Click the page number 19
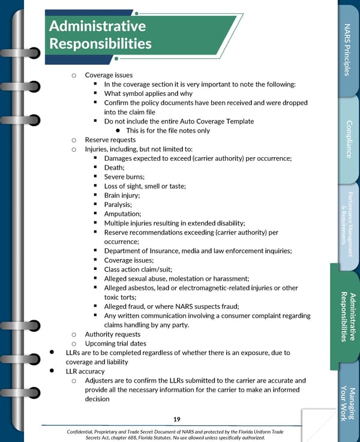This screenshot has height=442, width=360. click(x=177, y=419)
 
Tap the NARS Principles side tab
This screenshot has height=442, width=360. click(x=347, y=50)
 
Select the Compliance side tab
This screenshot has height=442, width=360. click(x=349, y=140)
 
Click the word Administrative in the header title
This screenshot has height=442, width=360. click(x=97, y=26)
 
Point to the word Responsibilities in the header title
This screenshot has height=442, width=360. click(x=100, y=44)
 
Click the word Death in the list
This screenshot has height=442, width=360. click(x=113, y=167)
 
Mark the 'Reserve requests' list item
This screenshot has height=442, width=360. click(x=110, y=140)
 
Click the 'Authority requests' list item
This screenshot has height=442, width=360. click(x=113, y=334)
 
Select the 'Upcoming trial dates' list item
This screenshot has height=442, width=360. click(x=116, y=344)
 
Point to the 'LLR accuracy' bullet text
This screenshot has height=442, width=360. click(x=85, y=371)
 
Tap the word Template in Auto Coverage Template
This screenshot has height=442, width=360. click(x=238, y=121)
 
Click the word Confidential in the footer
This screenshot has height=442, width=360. click(x=85, y=432)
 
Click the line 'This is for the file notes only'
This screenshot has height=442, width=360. click(x=168, y=131)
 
